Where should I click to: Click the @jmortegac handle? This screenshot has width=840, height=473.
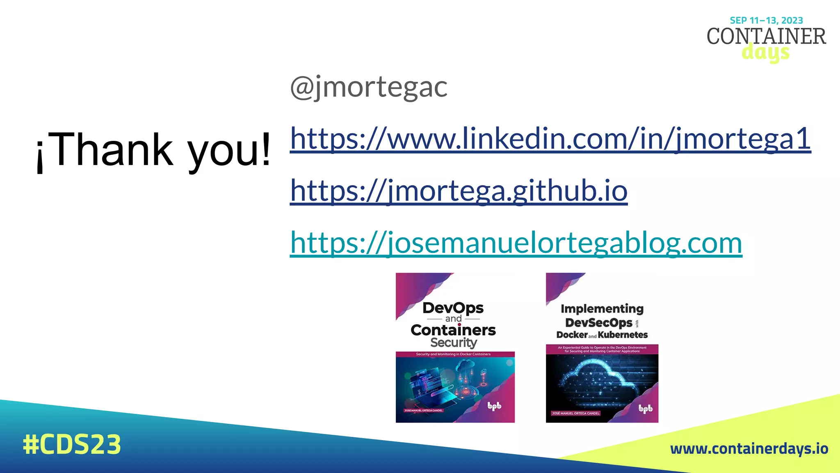[x=368, y=87]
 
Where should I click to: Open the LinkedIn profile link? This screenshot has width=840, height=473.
[x=550, y=139]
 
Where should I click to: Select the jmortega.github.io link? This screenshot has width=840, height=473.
[x=459, y=191]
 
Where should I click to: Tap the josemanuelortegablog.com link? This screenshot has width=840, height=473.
[x=516, y=243]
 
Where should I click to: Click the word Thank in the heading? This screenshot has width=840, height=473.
[x=113, y=150]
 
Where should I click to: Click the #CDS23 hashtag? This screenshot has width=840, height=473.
[x=72, y=444]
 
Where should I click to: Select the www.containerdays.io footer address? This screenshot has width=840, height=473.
[x=749, y=449]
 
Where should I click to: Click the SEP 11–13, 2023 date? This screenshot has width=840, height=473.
[x=766, y=21]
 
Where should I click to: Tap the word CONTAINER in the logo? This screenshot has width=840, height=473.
[x=766, y=37]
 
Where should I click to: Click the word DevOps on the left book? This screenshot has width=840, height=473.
[x=453, y=308]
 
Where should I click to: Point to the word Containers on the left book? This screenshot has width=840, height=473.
[x=453, y=330]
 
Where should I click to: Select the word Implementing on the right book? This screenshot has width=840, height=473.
[x=602, y=309]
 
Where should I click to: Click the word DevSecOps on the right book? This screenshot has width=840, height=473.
[x=598, y=323]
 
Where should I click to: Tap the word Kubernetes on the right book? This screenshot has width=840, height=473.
[x=623, y=335]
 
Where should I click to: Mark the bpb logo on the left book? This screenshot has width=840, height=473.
[x=494, y=406]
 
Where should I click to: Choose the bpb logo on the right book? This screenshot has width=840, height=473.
[x=645, y=409]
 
